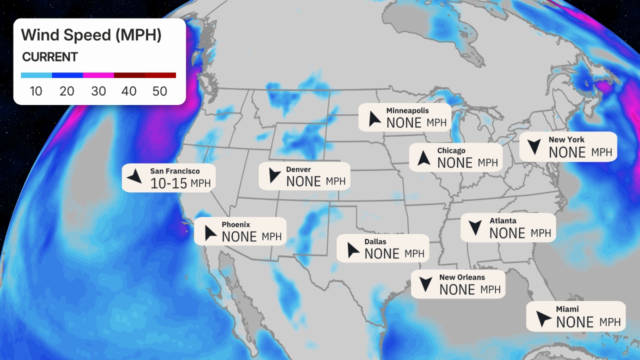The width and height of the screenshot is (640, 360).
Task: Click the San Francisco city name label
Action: click(174, 171)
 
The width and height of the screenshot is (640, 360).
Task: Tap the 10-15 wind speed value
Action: click(169, 183)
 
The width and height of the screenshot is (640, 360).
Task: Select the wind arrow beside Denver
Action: click(274, 175)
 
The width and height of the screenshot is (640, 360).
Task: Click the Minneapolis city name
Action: click(407, 110)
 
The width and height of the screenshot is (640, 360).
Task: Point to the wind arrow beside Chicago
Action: click(424, 158)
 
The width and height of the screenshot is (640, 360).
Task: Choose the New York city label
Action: click(566, 139)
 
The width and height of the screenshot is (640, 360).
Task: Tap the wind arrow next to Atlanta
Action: click(475, 228)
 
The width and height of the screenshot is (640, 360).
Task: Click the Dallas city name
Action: click(375, 241)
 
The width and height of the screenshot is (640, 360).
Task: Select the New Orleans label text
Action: click(462, 277)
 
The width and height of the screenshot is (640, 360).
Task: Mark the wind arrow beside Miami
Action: click(543, 318)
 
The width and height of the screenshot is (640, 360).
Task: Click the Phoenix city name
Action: click(235, 224)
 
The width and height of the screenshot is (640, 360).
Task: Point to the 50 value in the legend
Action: click(160, 91)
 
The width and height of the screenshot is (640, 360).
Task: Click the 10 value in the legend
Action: click(36, 91)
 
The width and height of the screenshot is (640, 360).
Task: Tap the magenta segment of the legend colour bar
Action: click(98, 75)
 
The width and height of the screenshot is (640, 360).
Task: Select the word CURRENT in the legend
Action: click(50, 57)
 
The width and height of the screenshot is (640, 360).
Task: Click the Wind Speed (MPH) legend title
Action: click(91, 35)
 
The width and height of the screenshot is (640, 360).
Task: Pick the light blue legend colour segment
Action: click(36, 75)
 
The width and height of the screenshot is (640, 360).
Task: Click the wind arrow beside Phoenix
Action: click(210, 232)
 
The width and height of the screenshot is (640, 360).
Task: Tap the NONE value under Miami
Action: click(574, 322)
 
